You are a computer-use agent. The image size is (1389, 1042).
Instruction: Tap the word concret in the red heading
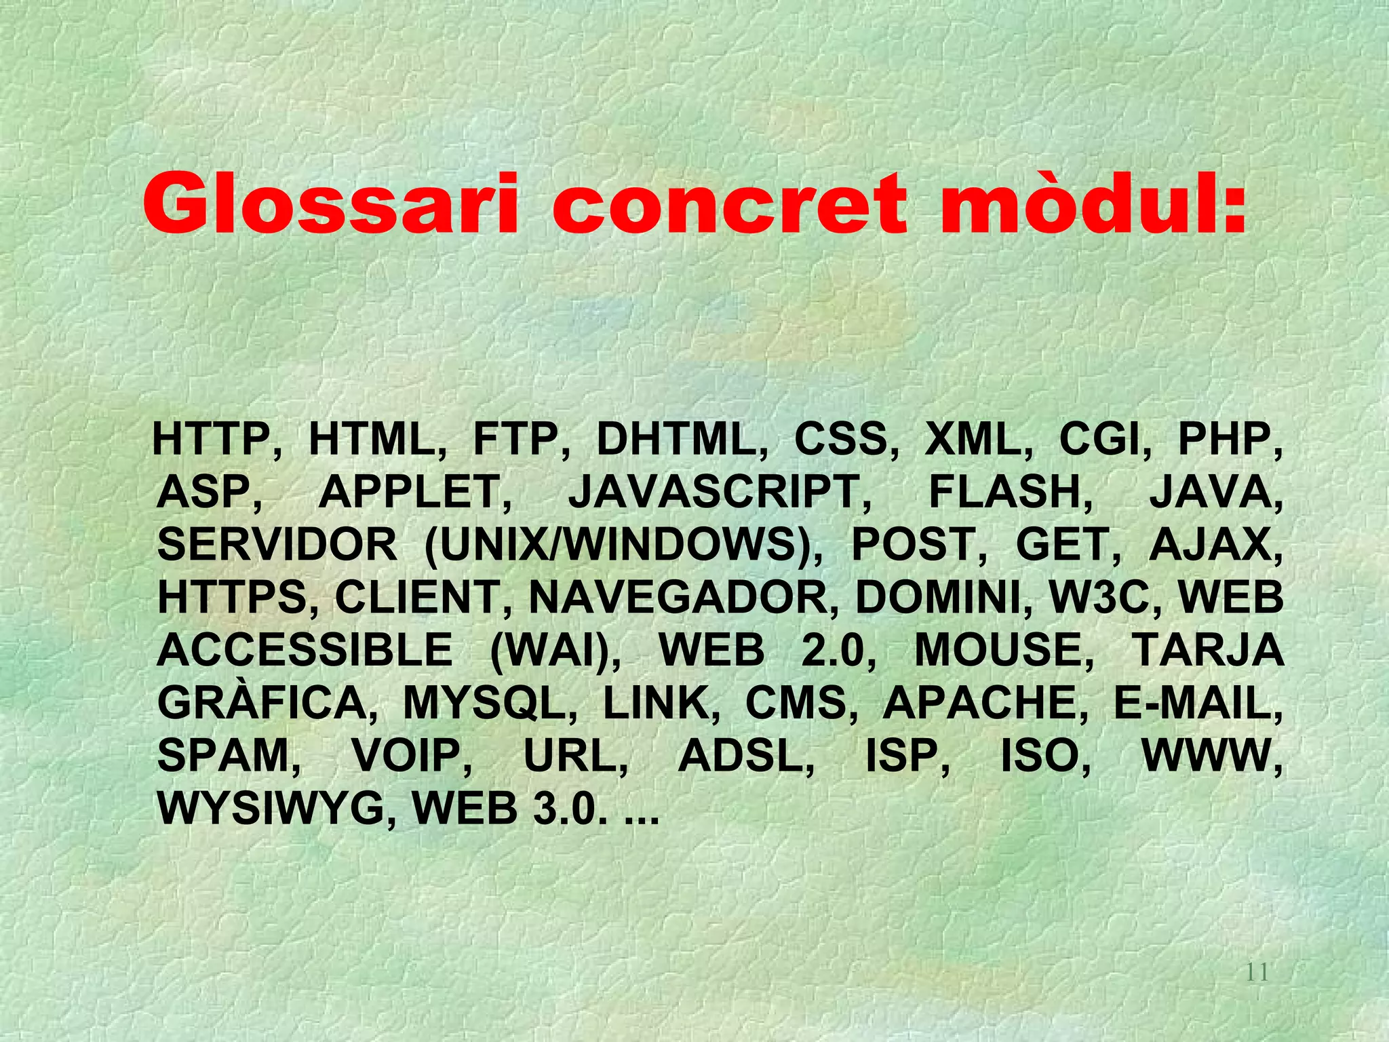[729, 204]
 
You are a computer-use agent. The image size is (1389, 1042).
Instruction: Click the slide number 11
[1257, 973]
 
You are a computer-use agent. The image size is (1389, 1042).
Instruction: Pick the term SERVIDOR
[277, 545]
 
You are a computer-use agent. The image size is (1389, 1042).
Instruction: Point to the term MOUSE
[1003, 650]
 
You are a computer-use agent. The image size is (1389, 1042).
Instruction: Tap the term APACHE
[979, 703]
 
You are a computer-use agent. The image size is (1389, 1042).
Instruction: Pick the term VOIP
[411, 755]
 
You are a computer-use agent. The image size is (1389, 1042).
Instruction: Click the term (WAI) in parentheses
[553, 650]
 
